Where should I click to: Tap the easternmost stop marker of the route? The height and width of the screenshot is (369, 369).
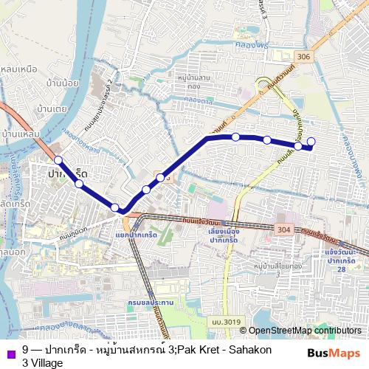point(311,141)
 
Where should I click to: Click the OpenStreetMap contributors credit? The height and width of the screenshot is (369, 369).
point(306,330)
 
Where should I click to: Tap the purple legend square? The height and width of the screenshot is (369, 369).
point(10,349)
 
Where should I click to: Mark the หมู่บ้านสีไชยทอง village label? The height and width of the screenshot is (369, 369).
point(281,263)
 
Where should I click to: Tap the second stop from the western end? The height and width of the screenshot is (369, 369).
point(78,184)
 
